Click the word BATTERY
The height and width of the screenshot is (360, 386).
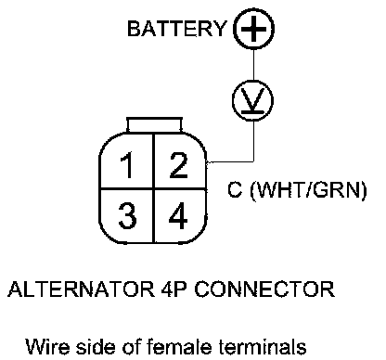point(177,29)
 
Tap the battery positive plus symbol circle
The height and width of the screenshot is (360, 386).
point(253,29)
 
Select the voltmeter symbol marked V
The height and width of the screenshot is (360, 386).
point(253,100)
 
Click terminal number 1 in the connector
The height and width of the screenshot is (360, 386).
point(126,165)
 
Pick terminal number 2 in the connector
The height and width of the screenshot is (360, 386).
point(178,165)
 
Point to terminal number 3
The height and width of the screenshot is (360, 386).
point(127,215)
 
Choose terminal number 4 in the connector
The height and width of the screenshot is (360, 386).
point(178,215)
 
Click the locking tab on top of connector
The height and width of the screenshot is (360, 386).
point(154,125)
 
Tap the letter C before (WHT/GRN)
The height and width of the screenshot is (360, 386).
point(235,189)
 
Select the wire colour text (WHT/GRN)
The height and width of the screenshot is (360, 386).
point(308,189)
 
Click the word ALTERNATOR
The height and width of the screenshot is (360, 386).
point(81,289)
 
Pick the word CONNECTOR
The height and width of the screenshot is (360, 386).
point(264,289)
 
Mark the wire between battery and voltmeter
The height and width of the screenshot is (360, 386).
point(253,64)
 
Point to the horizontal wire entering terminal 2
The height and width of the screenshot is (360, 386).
point(230,161)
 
